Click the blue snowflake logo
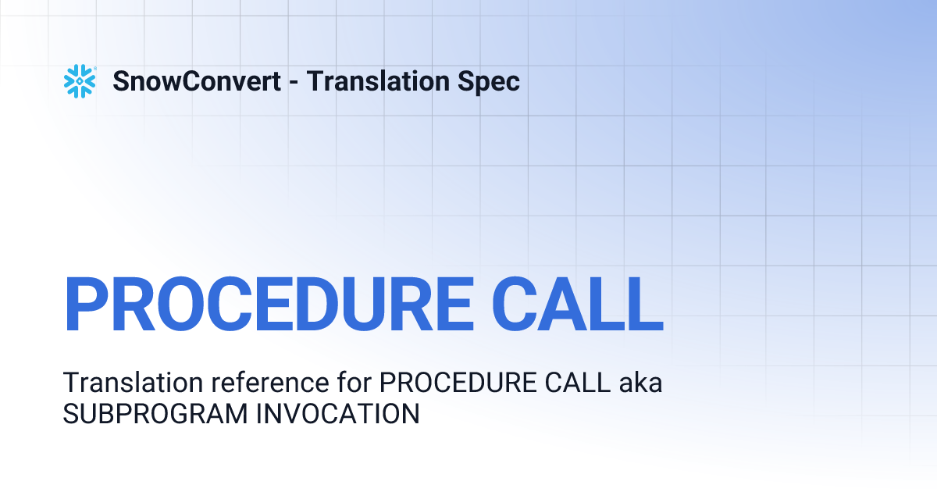pyautogui.click(x=79, y=81)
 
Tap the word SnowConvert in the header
pyautogui.click(x=197, y=81)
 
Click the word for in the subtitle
pyautogui.click(x=349, y=383)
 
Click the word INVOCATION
pyautogui.click(x=338, y=413)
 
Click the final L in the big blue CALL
pyautogui.click(x=643, y=305)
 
